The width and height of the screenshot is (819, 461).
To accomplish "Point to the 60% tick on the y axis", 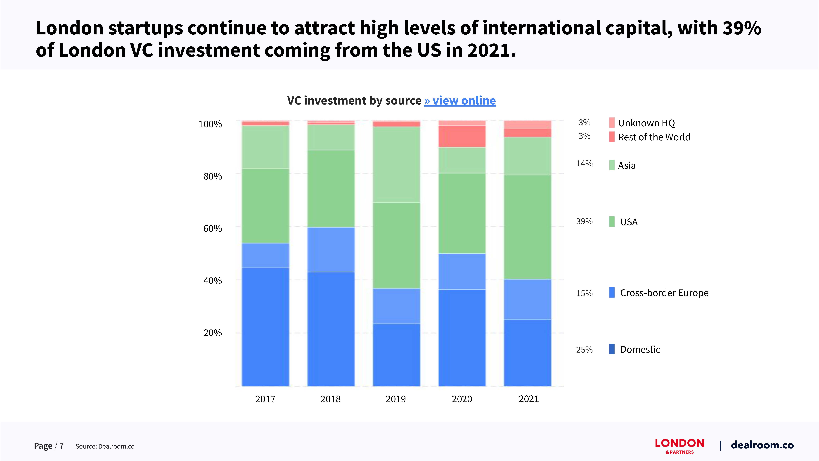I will tap(212, 228).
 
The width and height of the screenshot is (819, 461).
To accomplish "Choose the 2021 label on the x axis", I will tap(529, 399).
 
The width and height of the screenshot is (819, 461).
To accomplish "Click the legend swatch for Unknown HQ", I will tap(612, 123).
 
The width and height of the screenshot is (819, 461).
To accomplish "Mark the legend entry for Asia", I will tap(626, 165).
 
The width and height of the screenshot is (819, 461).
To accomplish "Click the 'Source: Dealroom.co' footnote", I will tap(105, 446).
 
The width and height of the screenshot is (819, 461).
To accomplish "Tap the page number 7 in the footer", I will tap(61, 446).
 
